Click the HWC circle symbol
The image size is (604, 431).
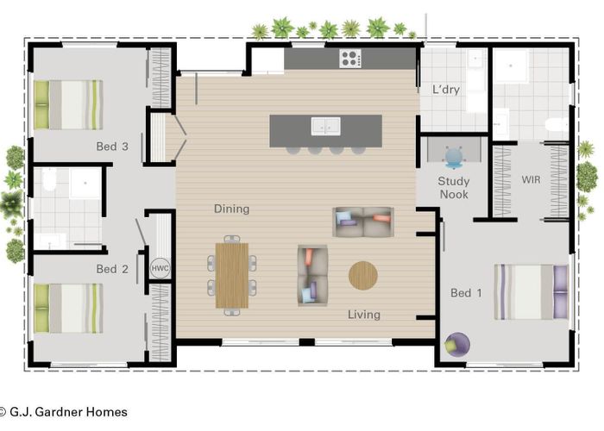160,268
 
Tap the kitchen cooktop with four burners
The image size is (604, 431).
350,59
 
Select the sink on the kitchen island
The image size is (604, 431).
325,126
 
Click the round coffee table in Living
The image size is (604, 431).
363,276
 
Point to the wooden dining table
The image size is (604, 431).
231,276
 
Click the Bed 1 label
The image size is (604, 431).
466,293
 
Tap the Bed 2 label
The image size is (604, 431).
112,269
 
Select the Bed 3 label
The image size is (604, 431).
112,147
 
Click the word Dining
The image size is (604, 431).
231,209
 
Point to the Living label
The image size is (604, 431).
364,315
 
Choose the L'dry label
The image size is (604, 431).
446,90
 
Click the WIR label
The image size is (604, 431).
531,179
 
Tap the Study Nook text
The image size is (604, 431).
454,188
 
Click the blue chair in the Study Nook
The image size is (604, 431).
454,158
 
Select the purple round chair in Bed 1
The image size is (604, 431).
457,345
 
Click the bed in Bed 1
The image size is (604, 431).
532,292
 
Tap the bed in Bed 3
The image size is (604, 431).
68,104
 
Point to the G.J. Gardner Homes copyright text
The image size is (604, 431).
63,412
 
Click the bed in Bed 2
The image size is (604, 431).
68,309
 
